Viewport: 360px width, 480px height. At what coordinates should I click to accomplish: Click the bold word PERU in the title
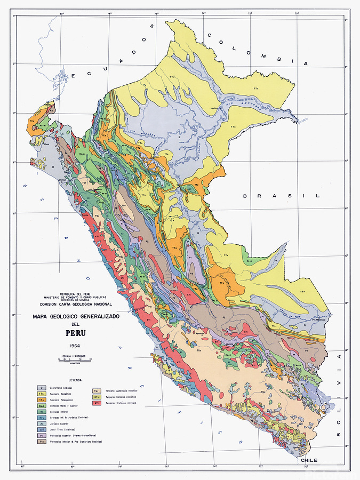75,334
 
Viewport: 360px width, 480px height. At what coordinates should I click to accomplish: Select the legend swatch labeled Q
41,388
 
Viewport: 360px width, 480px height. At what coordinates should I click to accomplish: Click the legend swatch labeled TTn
41,394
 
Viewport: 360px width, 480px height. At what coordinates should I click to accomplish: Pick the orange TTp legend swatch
41,399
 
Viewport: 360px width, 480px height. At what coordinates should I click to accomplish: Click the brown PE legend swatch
41,442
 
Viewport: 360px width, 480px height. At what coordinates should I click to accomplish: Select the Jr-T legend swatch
41,429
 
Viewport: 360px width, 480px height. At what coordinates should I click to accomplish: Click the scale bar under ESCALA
75,359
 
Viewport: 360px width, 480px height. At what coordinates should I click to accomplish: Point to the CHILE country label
309,459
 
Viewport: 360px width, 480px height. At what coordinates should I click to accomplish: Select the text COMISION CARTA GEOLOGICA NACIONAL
75,304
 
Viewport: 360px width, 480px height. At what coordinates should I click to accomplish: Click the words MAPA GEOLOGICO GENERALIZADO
75,317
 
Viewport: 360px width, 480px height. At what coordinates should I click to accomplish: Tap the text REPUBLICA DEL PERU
75,293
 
